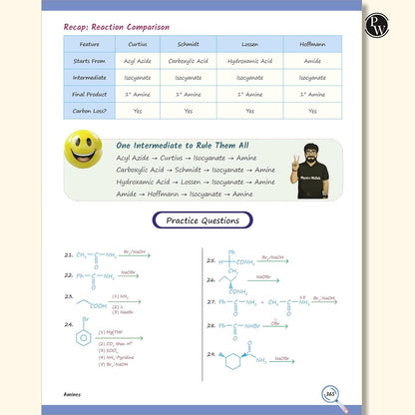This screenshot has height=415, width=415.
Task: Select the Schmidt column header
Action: pos(188,44)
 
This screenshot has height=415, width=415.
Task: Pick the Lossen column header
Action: pos(249,44)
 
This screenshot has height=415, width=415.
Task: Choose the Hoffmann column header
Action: pos(312,44)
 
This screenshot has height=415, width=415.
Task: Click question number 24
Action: pos(68,324)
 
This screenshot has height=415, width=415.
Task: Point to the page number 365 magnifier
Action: pos(329,393)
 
